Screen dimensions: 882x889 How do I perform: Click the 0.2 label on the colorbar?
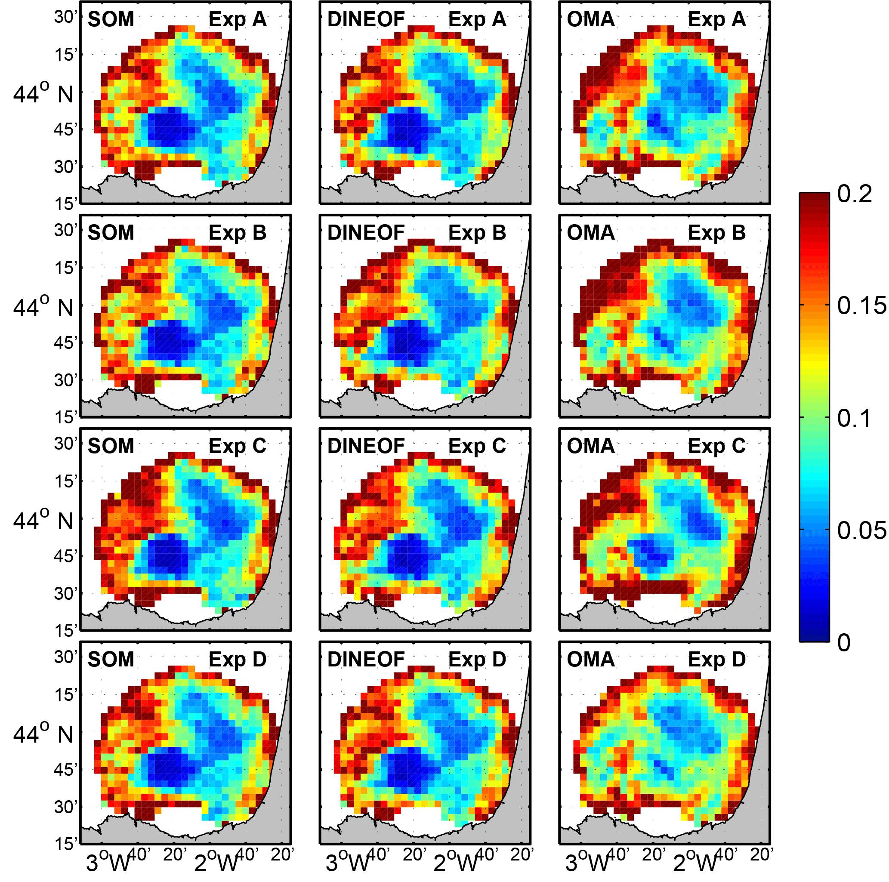tap(854, 194)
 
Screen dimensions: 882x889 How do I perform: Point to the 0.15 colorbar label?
tap(861, 306)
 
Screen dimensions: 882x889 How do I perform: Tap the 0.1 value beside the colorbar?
tap(854, 419)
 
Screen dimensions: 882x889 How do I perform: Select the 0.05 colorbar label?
tap(861, 530)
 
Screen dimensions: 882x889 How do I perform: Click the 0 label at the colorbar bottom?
tap(844, 643)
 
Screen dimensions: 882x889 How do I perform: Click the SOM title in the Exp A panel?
tap(111, 19)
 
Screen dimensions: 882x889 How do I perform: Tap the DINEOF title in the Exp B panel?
tap(366, 233)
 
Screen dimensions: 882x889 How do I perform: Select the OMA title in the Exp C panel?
tap(590, 446)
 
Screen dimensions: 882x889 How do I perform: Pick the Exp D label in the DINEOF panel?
tap(477, 660)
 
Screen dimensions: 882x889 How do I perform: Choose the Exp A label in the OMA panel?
tap(716, 19)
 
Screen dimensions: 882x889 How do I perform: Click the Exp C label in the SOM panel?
tap(238, 446)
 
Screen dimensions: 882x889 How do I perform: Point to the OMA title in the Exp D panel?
tap(590, 660)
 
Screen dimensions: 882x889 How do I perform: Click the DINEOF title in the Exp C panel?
tap(366, 446)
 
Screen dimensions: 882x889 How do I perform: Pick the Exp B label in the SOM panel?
tap(238, 233)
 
